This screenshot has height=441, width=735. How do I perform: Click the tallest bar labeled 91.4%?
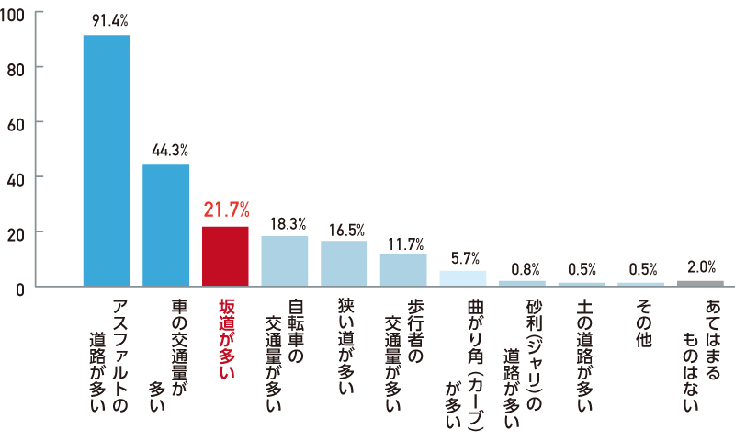[x=107, y=161]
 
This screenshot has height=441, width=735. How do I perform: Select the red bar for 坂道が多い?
[x=225, y=256]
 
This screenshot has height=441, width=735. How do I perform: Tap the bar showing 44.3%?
[x=165, y=225]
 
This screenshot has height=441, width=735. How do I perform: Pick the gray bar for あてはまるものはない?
[x=700, y=284]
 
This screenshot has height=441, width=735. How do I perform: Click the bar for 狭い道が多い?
[x=344, y=264]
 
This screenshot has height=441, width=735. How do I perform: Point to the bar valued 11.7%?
[x=403, y=270]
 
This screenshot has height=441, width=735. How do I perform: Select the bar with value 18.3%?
[x=285, y=261]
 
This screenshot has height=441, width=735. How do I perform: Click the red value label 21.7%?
[x=225, y=210]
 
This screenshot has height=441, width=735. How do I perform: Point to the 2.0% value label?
[x=701, y=267]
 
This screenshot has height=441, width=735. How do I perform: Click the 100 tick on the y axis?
[x=17, y=13]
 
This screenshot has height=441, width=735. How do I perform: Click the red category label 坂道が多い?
[x=225, y=340]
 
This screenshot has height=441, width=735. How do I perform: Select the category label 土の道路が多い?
[x=582, y=355]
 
